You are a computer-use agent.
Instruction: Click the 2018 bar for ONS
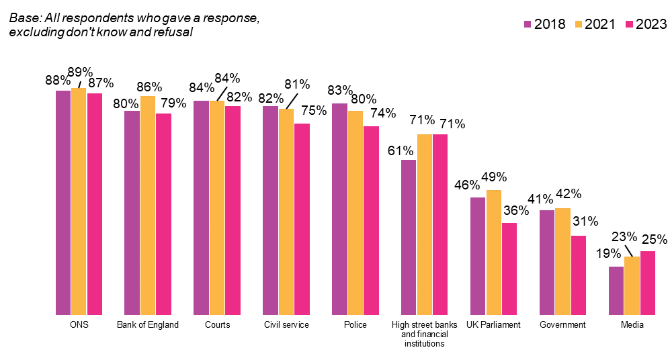[x=63, y=203]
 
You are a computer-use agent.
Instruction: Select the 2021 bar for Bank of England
[x=148, y=206]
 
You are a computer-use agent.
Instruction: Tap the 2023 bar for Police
[x=371, y=221]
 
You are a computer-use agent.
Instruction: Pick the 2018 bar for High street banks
[x=409, y=238]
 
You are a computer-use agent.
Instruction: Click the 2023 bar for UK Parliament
[x=509, y=269]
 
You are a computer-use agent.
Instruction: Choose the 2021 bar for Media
[x=632, y=286]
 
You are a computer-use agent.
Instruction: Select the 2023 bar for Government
[x=579, y=275]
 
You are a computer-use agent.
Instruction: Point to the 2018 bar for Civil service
[x=270, y=210]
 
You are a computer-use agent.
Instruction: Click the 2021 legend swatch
[x=578, y=24]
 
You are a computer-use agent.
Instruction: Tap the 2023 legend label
[x=651, y=24]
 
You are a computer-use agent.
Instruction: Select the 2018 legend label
[x=550, y=24]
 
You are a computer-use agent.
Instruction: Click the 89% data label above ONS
[x=80, y=72]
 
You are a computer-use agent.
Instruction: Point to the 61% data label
[x=401, y=151]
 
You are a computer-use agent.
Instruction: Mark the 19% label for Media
[x=609, y=254]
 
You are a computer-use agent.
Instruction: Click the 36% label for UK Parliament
[x=516, y=210]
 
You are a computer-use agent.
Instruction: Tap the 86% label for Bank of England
[x=149, y=87]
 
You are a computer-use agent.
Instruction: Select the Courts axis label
[x=217, y=325]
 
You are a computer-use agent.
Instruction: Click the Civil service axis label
[x=286, y=325]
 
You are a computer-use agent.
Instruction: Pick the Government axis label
[x=562, y=325]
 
